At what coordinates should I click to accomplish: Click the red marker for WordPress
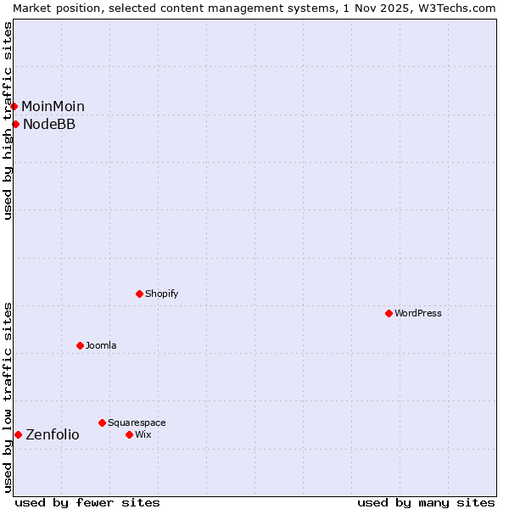(389, 313)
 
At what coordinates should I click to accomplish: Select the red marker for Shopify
(139, 294)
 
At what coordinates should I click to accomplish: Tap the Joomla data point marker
(80, 345)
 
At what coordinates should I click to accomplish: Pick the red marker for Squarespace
(102, 422)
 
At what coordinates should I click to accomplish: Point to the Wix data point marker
(129, 434)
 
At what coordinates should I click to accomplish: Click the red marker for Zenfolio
(18, 434)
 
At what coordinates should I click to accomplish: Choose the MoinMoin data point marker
(14, 106)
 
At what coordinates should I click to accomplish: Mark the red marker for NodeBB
(15, 124)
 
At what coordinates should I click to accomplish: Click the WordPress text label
(418, 313)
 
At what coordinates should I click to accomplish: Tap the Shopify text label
(161, 294)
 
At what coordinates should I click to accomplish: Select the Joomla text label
(101, 345)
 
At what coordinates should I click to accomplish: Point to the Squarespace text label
(137, 422)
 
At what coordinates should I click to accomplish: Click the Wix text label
(143, 434)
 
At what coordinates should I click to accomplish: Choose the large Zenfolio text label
(53, 434)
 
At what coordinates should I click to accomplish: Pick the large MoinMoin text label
(53, 106)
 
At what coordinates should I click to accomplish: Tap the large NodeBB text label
(49, 124)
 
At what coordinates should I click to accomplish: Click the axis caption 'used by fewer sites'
(87, 502)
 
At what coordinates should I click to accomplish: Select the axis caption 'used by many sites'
(426, 502)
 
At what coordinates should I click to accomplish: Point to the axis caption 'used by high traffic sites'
(8, 120)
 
